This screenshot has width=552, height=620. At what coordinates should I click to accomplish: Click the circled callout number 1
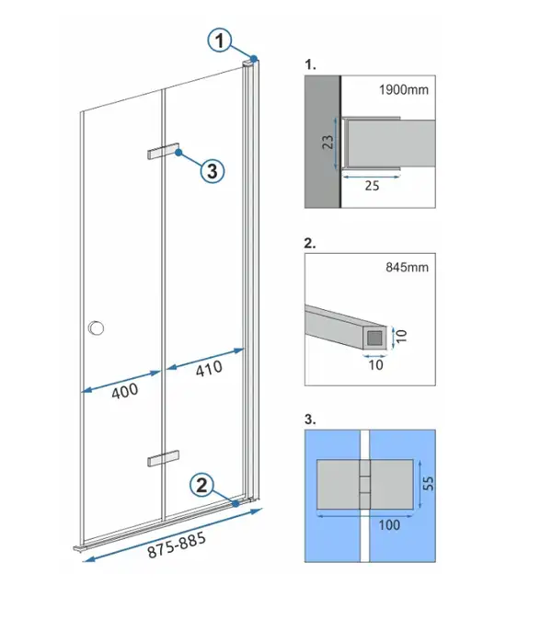[x=220, y=40]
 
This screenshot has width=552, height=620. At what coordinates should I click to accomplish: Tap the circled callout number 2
[x=201, y=485]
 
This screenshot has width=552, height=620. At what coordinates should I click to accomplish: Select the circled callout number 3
[x=213, y=171]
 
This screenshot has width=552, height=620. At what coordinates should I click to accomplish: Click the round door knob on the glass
[x=96, y=327]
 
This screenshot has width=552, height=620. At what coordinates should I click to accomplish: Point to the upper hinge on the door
[x=164, y=151]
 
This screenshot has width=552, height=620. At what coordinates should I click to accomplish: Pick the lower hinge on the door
[x=164, y=458]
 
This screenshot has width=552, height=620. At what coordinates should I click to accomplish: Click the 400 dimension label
[x=125, y=391]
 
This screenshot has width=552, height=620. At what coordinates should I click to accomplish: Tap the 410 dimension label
[x=209, y=369]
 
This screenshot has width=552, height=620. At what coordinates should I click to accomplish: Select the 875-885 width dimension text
[x=177, y=545]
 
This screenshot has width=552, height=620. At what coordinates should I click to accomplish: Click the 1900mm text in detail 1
[x=404, y=90]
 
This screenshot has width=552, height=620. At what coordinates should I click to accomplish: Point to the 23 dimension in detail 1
[x=328, y=143]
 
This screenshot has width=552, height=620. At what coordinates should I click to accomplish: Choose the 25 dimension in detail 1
[x=372, y=186]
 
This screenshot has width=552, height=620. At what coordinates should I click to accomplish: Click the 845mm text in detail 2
[x=407, y=268]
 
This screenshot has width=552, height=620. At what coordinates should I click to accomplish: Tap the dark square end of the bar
[x=374, y=339]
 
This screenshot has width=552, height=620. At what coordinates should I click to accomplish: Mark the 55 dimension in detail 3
[x=428, y=483]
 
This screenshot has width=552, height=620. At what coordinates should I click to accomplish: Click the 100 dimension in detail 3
[x=389, y=525]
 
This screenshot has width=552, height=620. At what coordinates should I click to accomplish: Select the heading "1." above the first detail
[x=310, y=64]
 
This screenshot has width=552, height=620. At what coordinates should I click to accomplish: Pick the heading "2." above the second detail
[x=310, y=243]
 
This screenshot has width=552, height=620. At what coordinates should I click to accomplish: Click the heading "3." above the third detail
[x=310, y=419]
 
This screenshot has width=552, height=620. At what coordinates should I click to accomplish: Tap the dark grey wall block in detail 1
[x=322, y=141]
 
